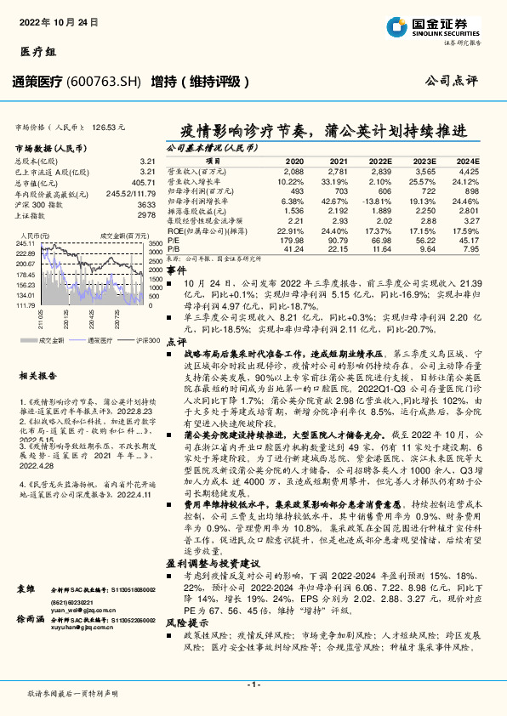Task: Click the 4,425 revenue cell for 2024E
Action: click(469, 171)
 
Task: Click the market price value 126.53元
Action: click(110, 127)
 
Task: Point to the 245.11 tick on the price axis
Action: click(25, 243)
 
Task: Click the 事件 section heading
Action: click(176, 269)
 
